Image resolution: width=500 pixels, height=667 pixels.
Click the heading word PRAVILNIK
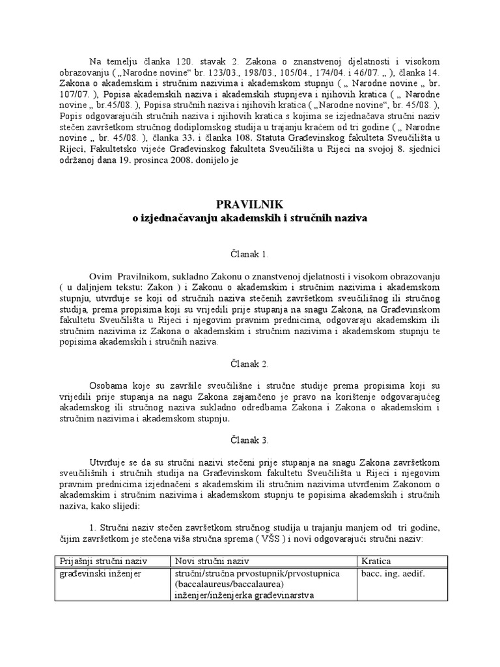(251, 205)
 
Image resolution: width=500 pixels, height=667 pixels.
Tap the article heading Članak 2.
(250, 363)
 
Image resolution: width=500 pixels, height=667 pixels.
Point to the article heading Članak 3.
(250, 440)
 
